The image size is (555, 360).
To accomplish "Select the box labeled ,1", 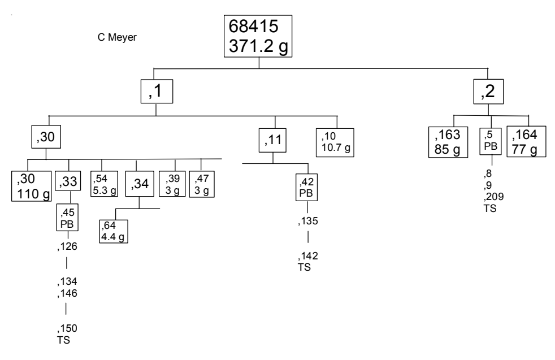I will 157,92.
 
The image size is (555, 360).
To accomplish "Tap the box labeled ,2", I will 488,92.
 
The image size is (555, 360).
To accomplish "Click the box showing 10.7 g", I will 337,141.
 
